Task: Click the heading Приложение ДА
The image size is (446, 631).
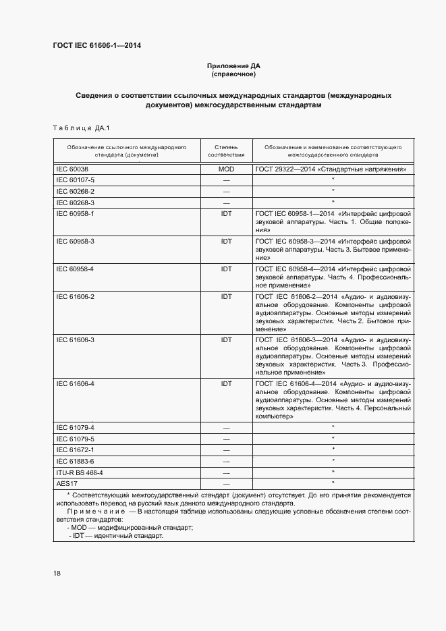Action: [233, 65]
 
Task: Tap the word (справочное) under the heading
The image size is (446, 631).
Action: [233, 74]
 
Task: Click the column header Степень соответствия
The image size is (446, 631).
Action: [226, 150]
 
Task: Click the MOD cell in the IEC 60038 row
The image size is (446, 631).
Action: [226, 169]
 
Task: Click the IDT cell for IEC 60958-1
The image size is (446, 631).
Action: [226, 213]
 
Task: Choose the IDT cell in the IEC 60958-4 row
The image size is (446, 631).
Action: [226, 269]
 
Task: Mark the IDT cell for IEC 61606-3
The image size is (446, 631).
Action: [226, 339]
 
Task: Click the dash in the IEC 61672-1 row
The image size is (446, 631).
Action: [226, 450]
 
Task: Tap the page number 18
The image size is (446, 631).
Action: [57, 573]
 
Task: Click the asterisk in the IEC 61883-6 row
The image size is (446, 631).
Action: [333, 461]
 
